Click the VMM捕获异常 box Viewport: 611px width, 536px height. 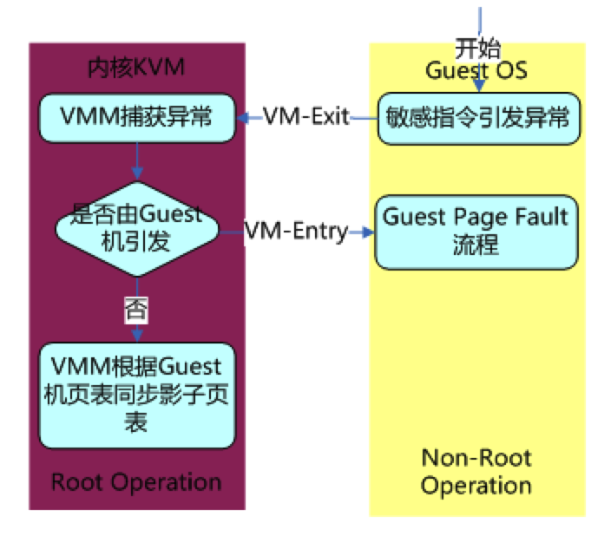pos(136,117)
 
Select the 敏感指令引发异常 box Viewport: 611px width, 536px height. pos(477,117)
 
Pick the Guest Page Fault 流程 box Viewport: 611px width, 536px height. pos(476,231)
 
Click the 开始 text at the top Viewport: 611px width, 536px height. pos(478,49)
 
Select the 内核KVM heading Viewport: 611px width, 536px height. pos(136,68)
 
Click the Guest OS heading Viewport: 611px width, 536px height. pos(476,69)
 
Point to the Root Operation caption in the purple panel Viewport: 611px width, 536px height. pos(136,481)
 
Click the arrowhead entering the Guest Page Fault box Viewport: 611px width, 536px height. pos(369,232)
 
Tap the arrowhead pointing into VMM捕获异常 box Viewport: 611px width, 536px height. pos(243,117)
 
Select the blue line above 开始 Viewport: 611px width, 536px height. pos(478,19)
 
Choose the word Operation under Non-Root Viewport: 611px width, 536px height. pos(476,485)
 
